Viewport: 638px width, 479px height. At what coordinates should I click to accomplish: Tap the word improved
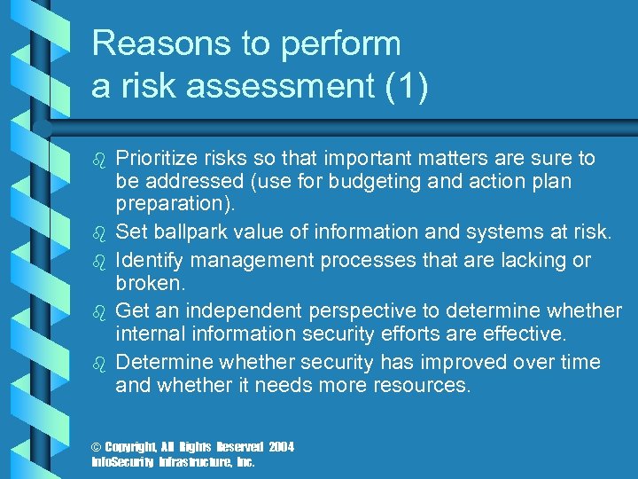tap(459, 363)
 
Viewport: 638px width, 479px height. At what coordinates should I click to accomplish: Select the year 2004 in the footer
tap(281, 447)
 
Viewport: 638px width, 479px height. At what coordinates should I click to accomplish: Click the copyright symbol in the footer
tap(97, 447)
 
